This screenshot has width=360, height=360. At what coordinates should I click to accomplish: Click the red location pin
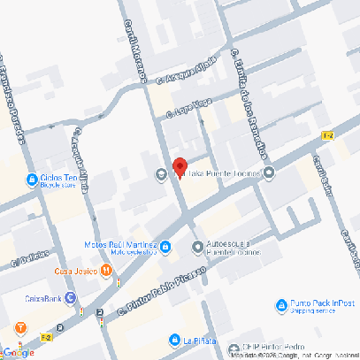point(179,165)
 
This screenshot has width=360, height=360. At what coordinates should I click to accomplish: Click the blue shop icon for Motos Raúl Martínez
point(165,245)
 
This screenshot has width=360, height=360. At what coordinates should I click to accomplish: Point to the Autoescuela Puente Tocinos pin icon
point(196,245)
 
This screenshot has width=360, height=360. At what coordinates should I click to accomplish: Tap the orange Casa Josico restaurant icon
point(105,272)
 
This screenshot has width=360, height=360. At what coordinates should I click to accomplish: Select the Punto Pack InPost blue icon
point(280,306)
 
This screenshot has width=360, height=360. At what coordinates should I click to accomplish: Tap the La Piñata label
point(201,339)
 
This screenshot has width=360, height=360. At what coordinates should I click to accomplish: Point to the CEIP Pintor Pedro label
point(265,348)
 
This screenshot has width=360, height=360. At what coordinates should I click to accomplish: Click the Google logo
point(18,352)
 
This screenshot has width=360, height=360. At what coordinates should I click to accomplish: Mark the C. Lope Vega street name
point(190,108)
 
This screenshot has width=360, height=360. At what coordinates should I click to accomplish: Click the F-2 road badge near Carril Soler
point(328,134)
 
